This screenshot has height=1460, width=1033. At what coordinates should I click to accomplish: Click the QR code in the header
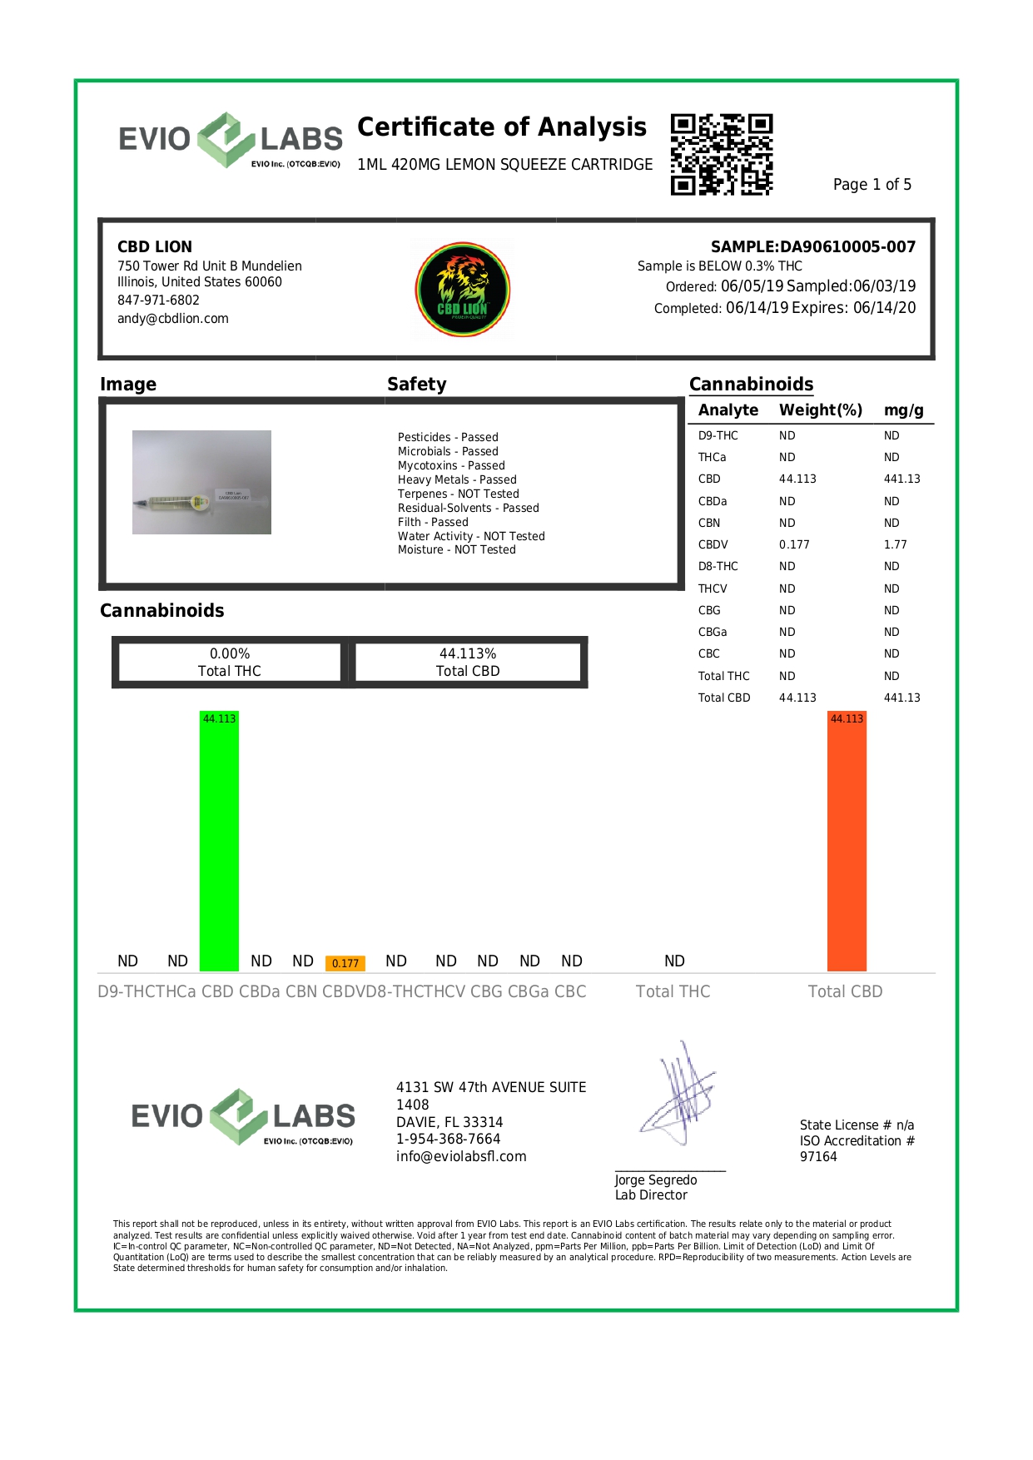pos(722,155)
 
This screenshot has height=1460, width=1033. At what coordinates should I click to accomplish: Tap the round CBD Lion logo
pos(463,290)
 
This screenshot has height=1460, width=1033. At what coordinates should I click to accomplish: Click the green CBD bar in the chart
pos(219,841)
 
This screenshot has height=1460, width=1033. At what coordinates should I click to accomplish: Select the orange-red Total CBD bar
pos(847,841)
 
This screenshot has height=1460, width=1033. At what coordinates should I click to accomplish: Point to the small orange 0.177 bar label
pos(345,963)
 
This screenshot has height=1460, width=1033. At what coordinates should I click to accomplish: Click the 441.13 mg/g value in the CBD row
pos(901,479)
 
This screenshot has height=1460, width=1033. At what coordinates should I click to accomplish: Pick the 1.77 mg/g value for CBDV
pos(895,544)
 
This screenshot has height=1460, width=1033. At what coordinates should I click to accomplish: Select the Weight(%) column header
pos(820,410)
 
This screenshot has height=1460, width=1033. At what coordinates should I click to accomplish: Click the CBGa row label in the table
pos(712,632)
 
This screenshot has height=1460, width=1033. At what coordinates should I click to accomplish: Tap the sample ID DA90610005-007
pos(847,246)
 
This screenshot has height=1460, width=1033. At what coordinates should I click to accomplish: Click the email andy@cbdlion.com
pos(172,319)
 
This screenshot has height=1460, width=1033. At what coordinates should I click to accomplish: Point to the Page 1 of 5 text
pos(872,185)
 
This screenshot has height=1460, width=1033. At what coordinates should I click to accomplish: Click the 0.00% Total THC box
pos(229,663)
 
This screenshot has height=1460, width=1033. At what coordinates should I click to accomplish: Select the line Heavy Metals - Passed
pos(457,479)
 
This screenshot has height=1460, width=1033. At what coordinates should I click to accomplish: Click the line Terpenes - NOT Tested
pos(458,494)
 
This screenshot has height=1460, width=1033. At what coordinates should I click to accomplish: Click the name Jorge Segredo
pos(656,1180)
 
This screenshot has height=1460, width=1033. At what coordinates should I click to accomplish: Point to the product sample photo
pos(201,482)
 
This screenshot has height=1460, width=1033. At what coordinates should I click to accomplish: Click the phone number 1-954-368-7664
pos(448,1139)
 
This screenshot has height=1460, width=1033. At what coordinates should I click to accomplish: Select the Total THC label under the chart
pos(673,991)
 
